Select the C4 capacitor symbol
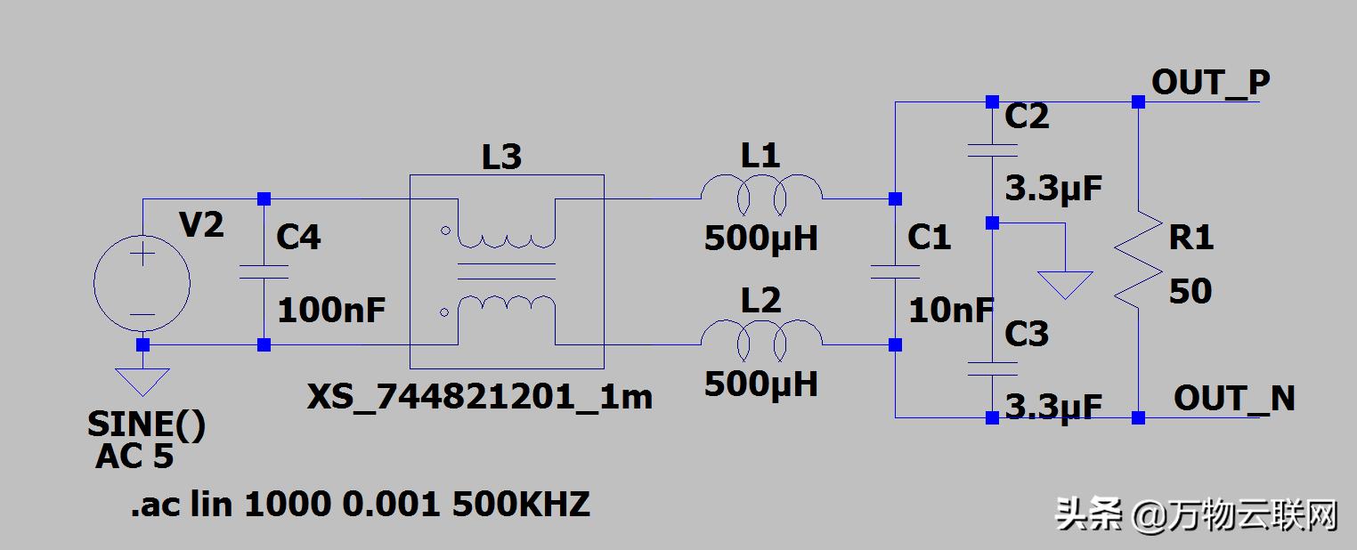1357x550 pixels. click(x=264, y=272)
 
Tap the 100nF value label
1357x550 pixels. click(x=331, y=311)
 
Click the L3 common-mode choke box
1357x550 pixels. click(x=506, y=271)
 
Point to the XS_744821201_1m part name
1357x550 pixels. click(x=480, y=397)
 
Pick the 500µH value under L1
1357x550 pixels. click(x=760, y=238)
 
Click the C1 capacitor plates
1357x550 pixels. click(x=895, y=271)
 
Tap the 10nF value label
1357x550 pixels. click(x=950, y=311)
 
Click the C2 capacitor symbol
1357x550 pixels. click(x=992, y=149)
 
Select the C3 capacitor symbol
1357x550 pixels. click(x=992, y=368)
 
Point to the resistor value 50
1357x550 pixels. click(x=1190, y=291)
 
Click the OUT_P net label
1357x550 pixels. click(x=1210, y=83)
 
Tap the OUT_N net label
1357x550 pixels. click(x=1234, y=399)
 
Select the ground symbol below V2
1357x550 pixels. click(x=142, y=382)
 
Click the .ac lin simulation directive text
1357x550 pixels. click(x=360, y=506)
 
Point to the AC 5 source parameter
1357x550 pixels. click(x=134, y=457)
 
